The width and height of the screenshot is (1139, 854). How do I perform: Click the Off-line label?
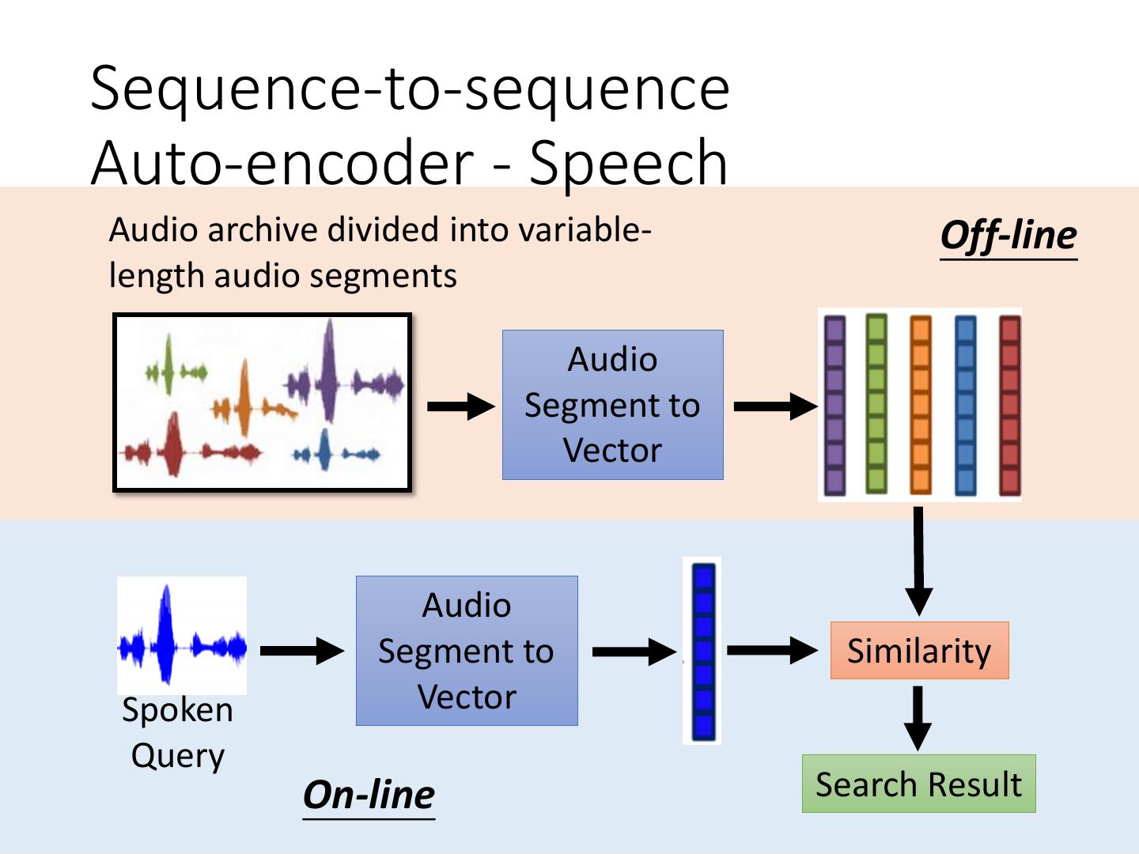tap(1008, 236)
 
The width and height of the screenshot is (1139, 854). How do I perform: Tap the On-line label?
tap(369, 795)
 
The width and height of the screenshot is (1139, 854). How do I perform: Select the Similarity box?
tap(919, 651)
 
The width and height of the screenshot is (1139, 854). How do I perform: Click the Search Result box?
tap(918, 784)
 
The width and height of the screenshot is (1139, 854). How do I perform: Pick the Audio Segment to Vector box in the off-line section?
tap(612, 405)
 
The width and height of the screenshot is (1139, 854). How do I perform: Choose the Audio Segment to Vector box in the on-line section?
tap(467, 651)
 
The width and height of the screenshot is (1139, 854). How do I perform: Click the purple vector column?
tap(834, 405)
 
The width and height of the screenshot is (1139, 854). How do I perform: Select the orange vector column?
tap(920, 405)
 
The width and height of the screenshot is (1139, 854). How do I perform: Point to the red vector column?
tap(1010, 405)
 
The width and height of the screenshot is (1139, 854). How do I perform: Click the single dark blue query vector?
tap(702, 652)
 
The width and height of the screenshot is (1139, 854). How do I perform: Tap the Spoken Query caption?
tap(178, 732)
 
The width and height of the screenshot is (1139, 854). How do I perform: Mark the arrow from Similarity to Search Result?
tap(918, 716)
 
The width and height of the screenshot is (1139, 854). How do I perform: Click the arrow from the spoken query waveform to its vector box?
tap(301, 651)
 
